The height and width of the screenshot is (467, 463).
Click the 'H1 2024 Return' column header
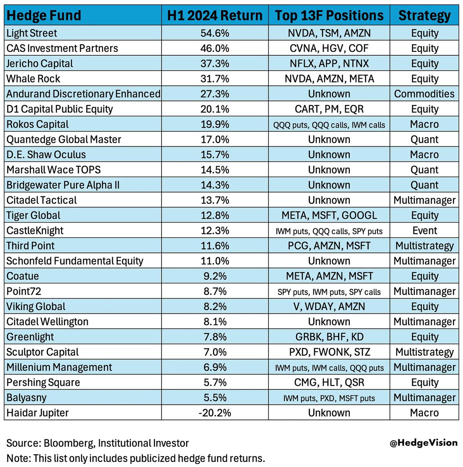pos(215,16)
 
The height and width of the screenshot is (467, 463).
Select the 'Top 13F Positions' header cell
pos(329,16)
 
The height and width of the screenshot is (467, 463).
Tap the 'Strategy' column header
pos(424,16)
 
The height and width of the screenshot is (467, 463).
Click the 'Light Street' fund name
pos(32,33)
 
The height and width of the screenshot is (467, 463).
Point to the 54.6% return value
pos(215,33)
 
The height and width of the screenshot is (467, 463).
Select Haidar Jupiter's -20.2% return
pos(215,413)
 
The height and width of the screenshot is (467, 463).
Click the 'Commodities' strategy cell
pos(424,94)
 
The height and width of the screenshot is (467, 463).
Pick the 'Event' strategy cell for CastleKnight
pos(424,230)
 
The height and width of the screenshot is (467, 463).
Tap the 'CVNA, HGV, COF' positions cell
pos(329,48)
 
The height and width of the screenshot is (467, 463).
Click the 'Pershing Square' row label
pos(43,382)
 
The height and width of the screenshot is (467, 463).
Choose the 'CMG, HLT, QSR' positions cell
pos(329,382)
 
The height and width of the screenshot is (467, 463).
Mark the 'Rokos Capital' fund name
pos(37,124)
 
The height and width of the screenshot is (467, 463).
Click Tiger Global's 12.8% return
pos(215,215)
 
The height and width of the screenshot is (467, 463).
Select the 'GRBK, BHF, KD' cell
pos(329,337)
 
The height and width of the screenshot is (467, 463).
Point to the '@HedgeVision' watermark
pos(423,442)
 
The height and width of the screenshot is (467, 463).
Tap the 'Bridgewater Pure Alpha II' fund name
pos(63,185)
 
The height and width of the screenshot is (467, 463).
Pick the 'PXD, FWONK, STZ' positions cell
pos(329,352)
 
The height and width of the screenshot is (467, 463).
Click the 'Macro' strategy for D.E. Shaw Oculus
pos(424,154)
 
